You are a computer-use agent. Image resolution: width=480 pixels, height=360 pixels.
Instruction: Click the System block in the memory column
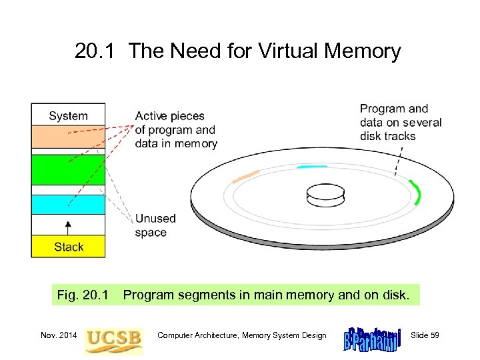[68, 115]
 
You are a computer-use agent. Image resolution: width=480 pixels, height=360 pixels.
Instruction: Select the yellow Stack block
[68, 247]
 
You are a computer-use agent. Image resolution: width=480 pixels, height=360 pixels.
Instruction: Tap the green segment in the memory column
[68, 169]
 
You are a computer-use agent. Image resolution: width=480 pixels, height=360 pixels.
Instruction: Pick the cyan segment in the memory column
[68, 205]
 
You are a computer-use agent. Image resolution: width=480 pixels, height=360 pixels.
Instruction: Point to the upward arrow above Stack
[68, 226]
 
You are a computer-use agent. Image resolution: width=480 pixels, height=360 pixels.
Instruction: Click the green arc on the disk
[416, 192]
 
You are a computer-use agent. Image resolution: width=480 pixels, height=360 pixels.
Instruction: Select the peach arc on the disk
[245, 177]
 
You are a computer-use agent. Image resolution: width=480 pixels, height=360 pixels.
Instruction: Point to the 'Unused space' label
[155, 225]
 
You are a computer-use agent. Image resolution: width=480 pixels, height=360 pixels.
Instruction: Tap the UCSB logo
[113, 338]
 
